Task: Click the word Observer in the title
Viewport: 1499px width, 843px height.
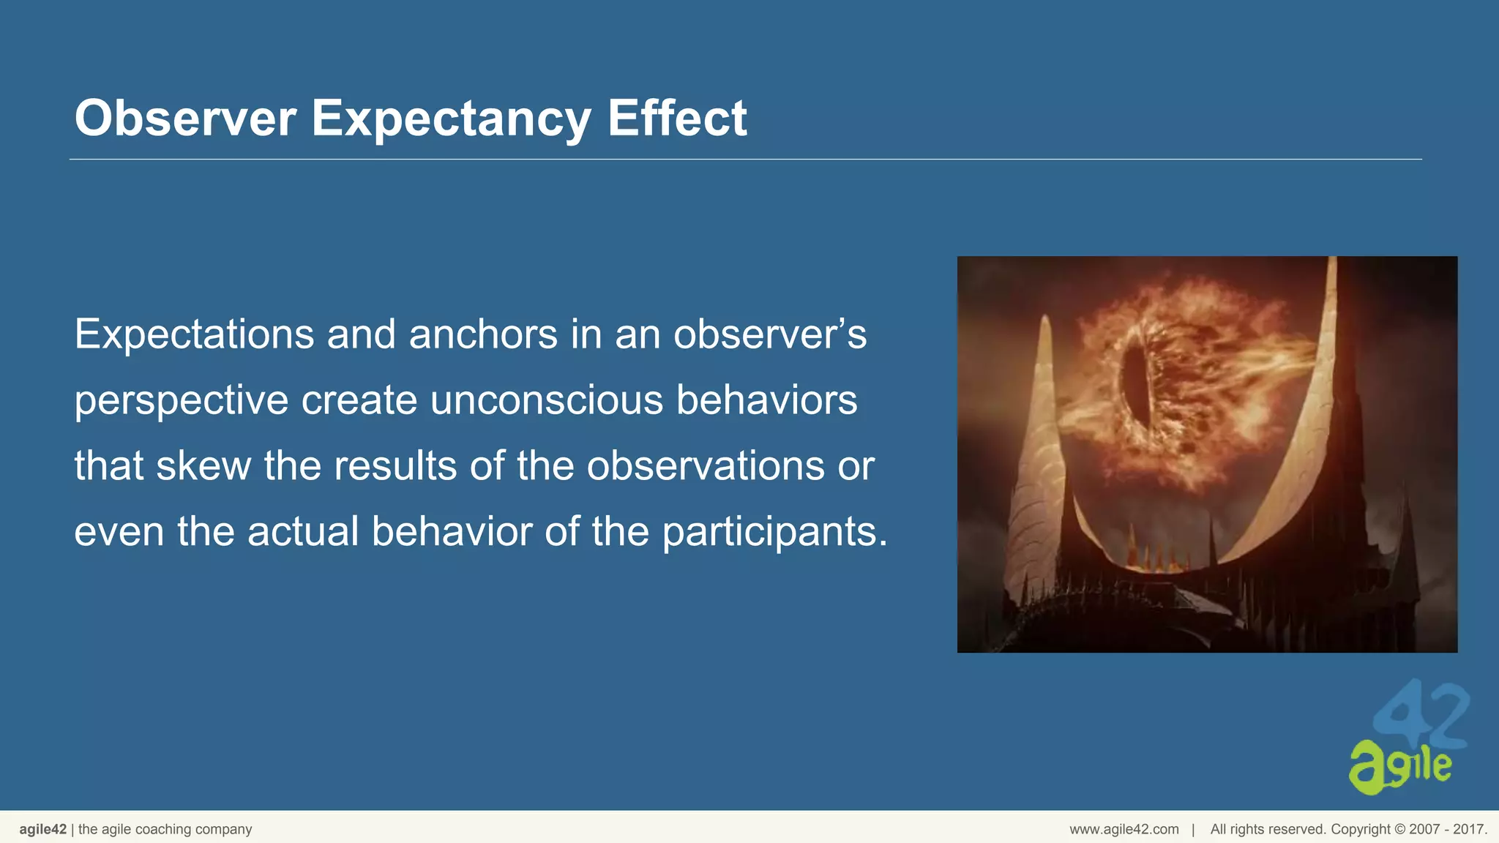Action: (x=185, y=118)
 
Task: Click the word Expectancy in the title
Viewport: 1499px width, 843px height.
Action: (x=451, y=118)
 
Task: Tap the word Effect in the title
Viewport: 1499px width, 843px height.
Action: (x=676, y=118)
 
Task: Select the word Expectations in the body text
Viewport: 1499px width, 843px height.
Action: (x=194, y=334)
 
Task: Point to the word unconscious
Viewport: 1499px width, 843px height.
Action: (x=546, y=400)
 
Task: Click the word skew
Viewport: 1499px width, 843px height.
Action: (x=203, y=466)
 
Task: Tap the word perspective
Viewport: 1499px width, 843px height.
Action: (x=182, y=402)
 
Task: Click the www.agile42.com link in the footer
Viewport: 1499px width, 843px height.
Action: (x=1124, y=829)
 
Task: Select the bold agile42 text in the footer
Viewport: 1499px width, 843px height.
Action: (x=42, y=829)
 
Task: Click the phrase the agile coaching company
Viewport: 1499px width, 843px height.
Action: (x=165, y=829)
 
